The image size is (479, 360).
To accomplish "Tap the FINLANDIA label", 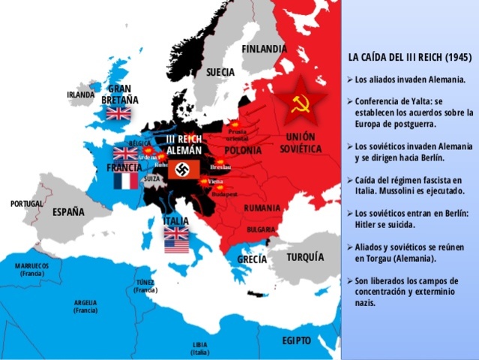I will (264, 49).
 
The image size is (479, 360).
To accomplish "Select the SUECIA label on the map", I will (220, 72).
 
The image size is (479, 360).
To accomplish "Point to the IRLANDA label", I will (81, 95).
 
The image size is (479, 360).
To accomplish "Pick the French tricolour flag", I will (126, 181).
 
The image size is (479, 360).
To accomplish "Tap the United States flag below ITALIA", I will (176, 245).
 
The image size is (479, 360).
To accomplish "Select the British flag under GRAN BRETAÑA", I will (118, 113).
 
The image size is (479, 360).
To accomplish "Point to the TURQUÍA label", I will (305, 256).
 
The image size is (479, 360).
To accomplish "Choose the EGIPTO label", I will (296, 340).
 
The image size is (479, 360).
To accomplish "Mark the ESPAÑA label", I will (68, 212).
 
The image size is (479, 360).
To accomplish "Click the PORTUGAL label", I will (27, 204).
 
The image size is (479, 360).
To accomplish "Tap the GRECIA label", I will (252, 259).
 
